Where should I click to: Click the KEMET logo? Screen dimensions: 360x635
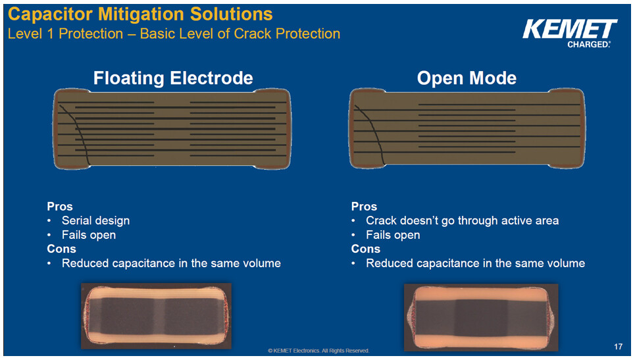coord(569,30)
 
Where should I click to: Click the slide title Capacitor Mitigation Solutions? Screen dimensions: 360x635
coord(141,13)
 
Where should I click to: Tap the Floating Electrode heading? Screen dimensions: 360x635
coord(173,78)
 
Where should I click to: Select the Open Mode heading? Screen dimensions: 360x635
coord(467,78)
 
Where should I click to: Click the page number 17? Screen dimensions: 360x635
coord(617,346)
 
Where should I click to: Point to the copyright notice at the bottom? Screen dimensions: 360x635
coord(318,351)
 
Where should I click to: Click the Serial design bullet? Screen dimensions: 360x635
coord(95,220)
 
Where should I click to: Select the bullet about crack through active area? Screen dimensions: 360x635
coord(462,220)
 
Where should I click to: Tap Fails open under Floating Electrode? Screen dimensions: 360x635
coord(88,235)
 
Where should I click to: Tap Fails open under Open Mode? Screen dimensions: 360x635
coord(393,235)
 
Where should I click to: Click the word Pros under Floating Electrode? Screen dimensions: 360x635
coord(60,207)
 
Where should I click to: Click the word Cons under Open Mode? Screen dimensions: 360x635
coord(365,249)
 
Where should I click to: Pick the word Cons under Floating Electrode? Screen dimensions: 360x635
coord(61,249)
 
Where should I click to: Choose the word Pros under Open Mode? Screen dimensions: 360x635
coord(364,207)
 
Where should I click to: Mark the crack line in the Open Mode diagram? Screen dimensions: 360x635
coord(372,132)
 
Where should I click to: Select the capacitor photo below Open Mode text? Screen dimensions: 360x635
coord(480,317)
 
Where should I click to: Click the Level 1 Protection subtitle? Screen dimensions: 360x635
coord(174,34)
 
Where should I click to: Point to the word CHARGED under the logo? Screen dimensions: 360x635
coord(588,45)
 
